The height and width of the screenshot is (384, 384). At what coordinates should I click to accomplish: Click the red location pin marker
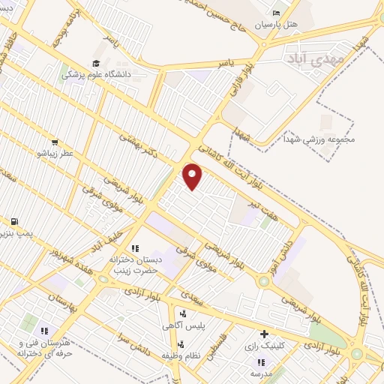pos(193,176)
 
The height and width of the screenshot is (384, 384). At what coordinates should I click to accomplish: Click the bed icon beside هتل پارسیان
pos(276,13)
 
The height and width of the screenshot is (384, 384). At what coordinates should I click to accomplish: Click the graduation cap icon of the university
pos(95,64)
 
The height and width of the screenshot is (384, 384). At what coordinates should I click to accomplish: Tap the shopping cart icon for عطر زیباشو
pos(54,142)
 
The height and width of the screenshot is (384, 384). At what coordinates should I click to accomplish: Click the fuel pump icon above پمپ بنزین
pos(14,222)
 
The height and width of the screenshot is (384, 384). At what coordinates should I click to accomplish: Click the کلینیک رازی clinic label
pos(262,347)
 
